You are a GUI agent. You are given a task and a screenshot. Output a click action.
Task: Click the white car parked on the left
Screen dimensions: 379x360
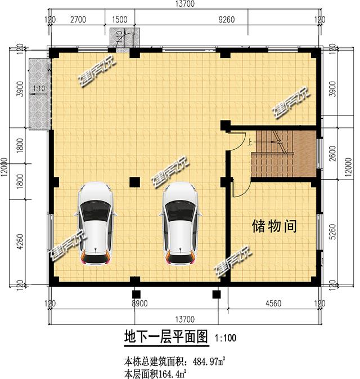pyautogui.click(x=95, y=223)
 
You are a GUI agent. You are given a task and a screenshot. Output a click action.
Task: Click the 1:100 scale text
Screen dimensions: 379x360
pyautogui.click(x=225, y=338)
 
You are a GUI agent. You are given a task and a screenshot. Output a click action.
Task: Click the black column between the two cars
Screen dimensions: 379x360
pyautogui.click(x=135, y=182)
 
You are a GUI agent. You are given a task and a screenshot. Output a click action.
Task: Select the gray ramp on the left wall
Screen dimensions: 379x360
pyautogui.click(x=38, y=93)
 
